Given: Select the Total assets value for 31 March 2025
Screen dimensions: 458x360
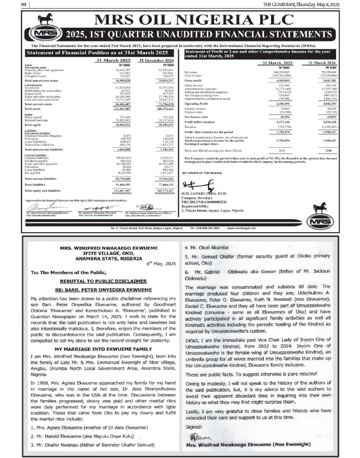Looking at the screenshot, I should [x=110, y=108].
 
